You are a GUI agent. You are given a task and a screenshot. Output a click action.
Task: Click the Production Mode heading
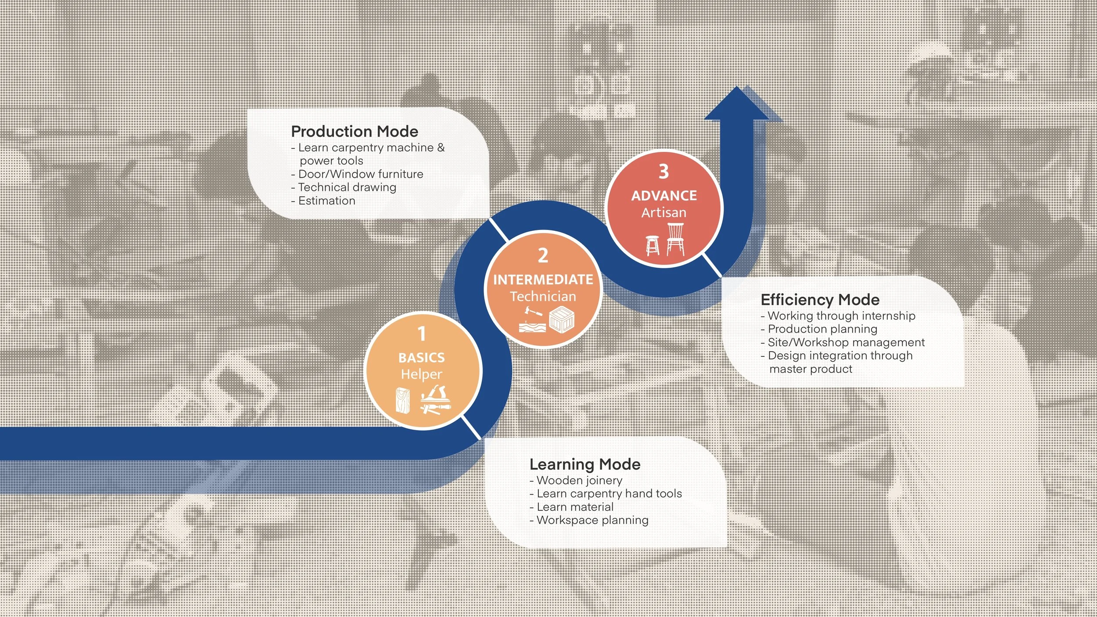click(x=355, y=131)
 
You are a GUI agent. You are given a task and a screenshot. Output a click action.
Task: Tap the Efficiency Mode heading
click(x=820, y=300)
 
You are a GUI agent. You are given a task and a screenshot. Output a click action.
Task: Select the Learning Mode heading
click(x=584, y=464)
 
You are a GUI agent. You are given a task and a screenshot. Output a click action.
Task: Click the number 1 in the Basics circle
click(x=422, y=334)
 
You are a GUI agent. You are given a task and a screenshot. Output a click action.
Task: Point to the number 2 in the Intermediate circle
click(x=543, y=255)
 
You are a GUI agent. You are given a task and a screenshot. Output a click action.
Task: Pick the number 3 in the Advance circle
click(x=663, y=172)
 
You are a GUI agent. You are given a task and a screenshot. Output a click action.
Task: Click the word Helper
click(x=421, y=374)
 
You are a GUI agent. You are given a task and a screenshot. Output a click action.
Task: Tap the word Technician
click(x=543, y=297)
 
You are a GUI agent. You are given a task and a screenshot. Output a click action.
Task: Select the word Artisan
click(x=663, y=213)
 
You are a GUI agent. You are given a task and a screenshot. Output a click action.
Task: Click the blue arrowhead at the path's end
click(x=738, y=105)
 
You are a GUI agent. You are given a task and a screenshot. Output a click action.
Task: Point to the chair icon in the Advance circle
click(x=675, y=239)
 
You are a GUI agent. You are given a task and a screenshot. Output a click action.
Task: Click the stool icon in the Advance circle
click(x=652, y=245)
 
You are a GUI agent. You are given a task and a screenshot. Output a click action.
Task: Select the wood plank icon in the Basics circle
click(x=403, y=400)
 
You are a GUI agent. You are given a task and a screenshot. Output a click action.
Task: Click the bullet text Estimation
click(x=326, y=201)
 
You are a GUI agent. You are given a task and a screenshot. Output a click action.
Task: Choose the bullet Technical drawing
click(x=347, y=187)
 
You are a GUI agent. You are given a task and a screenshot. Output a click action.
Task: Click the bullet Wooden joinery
click(x=579, y=481)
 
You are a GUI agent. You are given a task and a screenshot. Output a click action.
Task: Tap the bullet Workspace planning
click(x=592, y=520)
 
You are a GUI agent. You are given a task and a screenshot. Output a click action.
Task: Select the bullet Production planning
click(x=822, y=329)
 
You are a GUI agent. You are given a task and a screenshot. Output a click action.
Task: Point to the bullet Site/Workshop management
click(x=846, y=342)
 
